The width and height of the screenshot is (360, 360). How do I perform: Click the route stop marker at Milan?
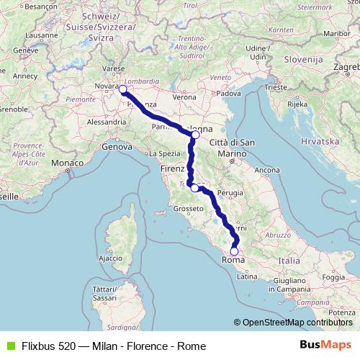coord(123,90)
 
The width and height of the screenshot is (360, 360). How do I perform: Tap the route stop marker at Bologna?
coord(195,135)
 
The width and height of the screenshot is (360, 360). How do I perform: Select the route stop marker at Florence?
coord(194,188)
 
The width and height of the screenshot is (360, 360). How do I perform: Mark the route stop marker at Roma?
coord(233,251)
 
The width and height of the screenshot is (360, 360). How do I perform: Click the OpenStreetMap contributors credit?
coord(297,323)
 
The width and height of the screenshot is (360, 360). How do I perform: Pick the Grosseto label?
coord(186,210)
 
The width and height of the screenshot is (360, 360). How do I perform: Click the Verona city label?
coord(184,96)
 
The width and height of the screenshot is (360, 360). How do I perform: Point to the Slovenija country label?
coord(305,58)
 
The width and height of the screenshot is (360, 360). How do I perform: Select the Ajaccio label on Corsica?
coord(110,257)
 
